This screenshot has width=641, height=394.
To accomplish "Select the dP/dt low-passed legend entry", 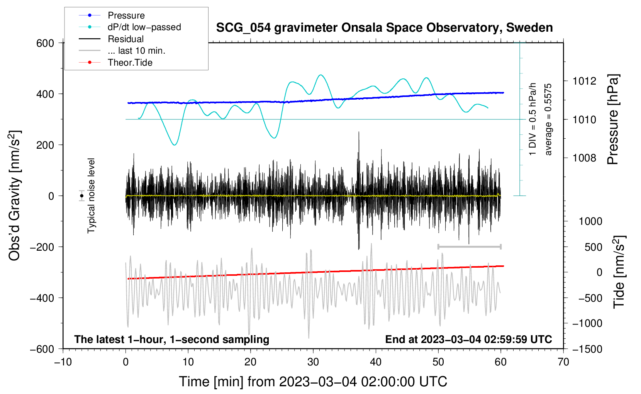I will (144, 27).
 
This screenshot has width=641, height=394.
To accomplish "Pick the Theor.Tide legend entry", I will (130, 63).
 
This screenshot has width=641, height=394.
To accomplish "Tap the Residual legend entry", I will (125, 39).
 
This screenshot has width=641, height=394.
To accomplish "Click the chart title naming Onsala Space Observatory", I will (384, 28).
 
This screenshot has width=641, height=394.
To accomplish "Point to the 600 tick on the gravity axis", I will (45, 43).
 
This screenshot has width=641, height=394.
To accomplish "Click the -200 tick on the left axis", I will (42, 247).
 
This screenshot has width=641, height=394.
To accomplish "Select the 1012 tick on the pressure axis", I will (584, 81).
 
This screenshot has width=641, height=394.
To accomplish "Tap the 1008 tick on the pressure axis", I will (584, 158).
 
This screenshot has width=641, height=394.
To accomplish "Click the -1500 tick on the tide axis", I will (587, 349).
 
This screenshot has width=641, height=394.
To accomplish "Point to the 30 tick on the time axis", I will (313, 362).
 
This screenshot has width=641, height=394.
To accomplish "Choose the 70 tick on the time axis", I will (563, 362).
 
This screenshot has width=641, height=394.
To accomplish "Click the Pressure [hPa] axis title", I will (613, 120).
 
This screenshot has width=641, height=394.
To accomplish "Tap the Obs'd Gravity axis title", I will (15, 196).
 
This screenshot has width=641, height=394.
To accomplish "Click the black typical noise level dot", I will (81, 196).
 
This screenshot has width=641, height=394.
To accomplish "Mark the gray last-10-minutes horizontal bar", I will (469, 246).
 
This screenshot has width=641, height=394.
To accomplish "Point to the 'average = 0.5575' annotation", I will (548, 120).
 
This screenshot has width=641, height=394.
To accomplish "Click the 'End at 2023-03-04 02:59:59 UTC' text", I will (468, 339).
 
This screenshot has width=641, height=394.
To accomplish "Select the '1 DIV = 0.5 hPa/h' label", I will (532, 119).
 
